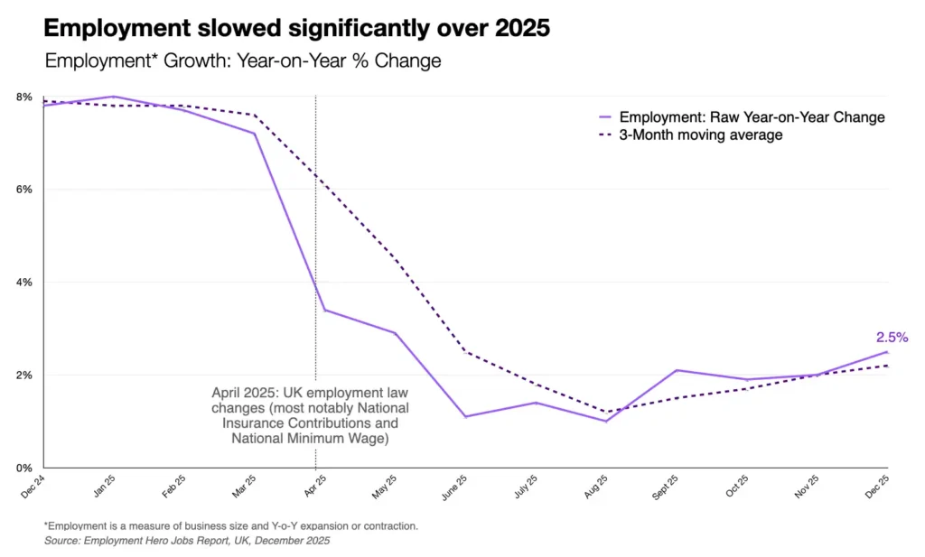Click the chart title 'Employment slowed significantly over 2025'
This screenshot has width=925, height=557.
click(297, 28)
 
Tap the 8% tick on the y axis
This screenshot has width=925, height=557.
click(24, 97)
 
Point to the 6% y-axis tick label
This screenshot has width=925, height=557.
click(24, 190)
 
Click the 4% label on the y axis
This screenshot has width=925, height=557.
click(24, 283)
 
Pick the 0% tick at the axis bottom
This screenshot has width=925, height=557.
click(24, 468)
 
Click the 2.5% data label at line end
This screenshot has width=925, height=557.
click(891, 338)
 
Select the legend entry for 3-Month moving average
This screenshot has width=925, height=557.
click(700, 135)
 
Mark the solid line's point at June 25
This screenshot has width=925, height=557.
click(465, 416)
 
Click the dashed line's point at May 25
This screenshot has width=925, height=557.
click(394, 257)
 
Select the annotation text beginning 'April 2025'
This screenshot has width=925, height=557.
click(304, 416)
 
